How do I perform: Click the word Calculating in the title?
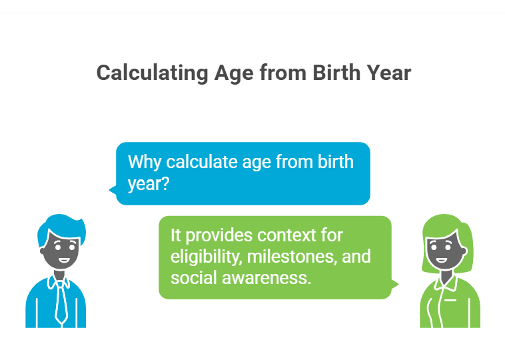tap(153, 73)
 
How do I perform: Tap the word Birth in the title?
tap(336, 73)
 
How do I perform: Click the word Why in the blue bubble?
tap(145, 163)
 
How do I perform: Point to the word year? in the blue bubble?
tap(149, 184)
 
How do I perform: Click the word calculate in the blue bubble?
tap(202, 161)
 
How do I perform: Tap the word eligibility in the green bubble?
tap(206, 257)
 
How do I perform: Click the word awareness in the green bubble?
tap(266, 278)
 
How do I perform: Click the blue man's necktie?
tap(61, 302)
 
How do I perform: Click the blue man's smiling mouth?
tap(64, 260)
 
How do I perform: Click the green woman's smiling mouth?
tap(441, 260)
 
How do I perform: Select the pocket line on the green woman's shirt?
tap(450, 301)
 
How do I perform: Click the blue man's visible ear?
tap(43, 251)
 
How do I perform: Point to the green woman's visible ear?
tap(464, 251)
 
